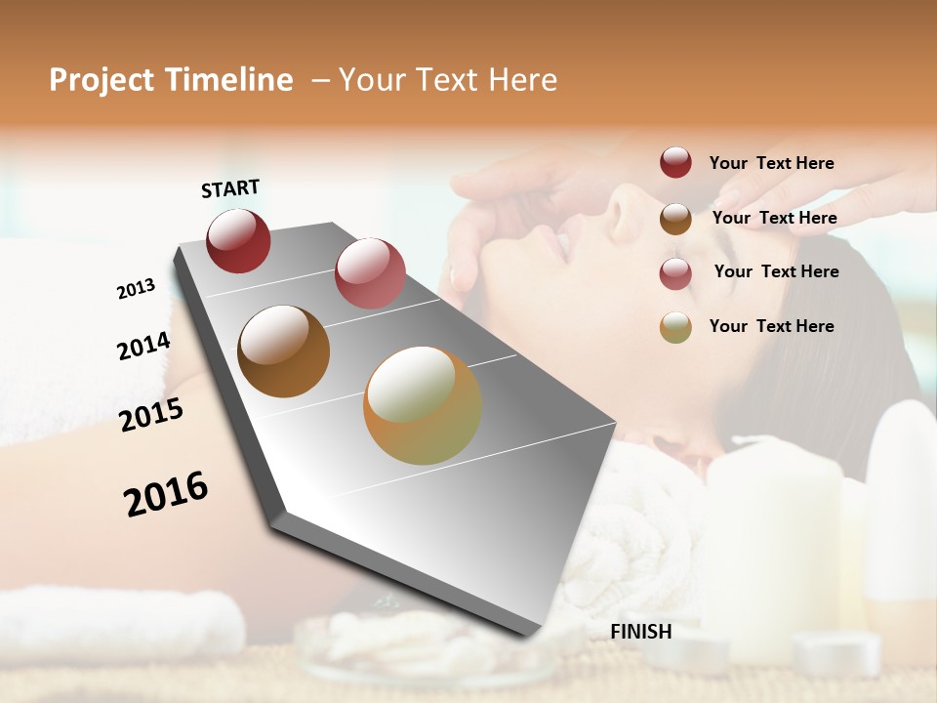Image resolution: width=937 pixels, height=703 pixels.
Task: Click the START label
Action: (x=230, y=188)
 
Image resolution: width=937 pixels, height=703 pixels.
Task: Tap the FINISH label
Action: (x=641, y=632)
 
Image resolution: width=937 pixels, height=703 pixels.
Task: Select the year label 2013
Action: (x=136, y=289)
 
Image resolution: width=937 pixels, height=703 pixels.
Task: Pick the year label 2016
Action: (x=166, y=493)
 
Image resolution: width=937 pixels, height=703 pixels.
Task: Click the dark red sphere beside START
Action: (x=238, y=240)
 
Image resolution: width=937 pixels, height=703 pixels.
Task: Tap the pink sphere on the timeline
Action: (x=370, y=272)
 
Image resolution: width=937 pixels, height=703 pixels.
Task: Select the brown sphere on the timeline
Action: (x=283, y=351)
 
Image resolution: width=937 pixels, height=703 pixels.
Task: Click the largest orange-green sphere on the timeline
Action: (x=423, y=405)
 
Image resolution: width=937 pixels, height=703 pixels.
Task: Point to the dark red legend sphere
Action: (x=675, y=162)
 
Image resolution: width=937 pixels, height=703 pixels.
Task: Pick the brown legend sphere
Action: (x=675, y=218)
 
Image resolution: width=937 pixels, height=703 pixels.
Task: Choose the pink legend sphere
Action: (x=675, y=273)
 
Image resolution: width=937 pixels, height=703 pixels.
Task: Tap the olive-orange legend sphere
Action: (x=675, y=327)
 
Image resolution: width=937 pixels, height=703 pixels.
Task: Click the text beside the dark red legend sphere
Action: (x=771, y=163)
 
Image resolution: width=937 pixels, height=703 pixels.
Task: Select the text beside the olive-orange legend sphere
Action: (x=771, y=326)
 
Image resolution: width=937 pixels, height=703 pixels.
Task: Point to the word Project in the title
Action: (x=97, y=80)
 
